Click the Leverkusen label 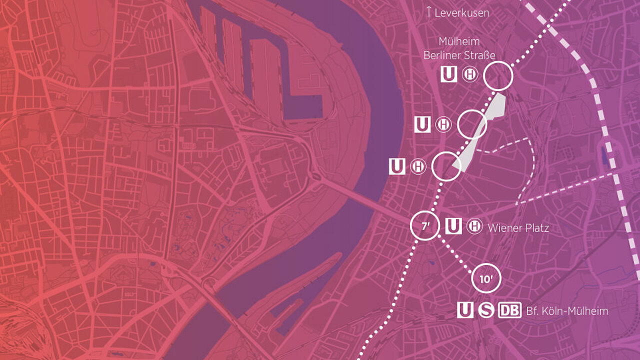(461, 13)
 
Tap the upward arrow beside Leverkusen (428, 12)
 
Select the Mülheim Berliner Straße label (459, 48)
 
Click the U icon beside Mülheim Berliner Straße (448, 75)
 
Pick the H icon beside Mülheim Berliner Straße (469, 75)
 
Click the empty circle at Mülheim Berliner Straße (498, 76)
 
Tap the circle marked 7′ (425, 226)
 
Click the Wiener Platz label (518, 228)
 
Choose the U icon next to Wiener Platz (453, 226)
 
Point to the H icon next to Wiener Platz (474, 226)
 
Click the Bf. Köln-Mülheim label (567, 311)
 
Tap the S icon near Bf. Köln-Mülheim (485, 310)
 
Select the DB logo (509, 310)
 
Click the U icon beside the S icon (465, 310)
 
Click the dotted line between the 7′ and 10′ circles (455, 252)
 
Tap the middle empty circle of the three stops (472, 124)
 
